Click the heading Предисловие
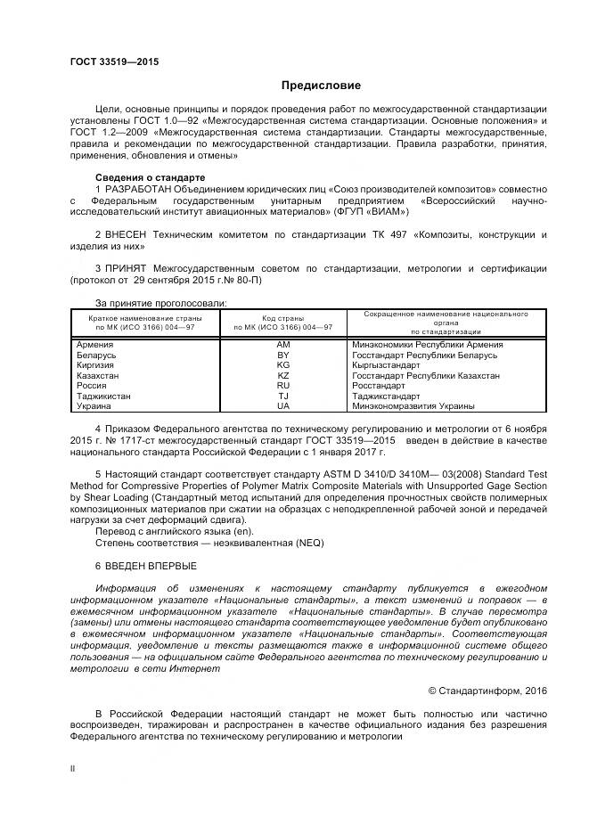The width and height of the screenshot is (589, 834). pos(321,86)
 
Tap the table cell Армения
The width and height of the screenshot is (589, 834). pos(95,345)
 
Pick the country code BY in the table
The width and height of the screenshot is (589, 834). pos(283,355)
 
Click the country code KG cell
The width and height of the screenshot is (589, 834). pos(283,365)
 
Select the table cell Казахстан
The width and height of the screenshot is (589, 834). pos(98,376)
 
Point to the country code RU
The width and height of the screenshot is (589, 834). pos(283,386)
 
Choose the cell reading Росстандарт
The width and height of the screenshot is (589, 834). pos(379,386)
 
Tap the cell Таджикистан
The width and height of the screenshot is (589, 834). pos(104,396)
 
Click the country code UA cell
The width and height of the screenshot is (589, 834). pos(283,405)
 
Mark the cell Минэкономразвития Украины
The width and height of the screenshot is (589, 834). pos(413,405)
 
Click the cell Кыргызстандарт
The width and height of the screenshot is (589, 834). pos(385,365)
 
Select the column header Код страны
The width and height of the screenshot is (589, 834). pos(283,317)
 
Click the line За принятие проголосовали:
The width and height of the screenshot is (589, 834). pos(161,302)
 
